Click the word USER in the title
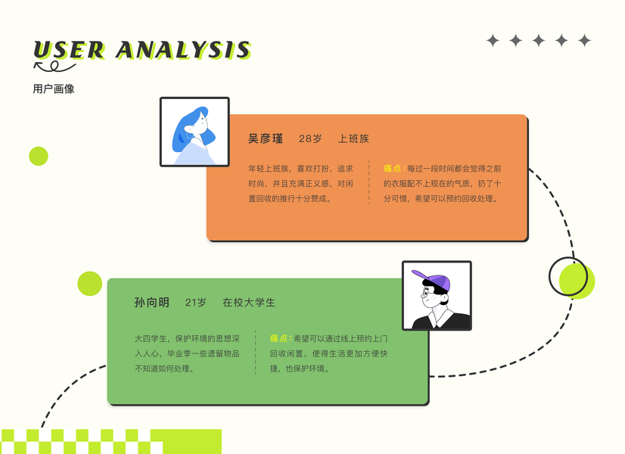point(69,49)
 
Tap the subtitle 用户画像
point(54,89)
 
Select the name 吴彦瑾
point(266,138)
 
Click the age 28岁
point(310,138)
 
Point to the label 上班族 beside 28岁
point(353,138)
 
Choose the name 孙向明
point(151,302)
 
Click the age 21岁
point(195,302)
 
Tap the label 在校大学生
point(249,302)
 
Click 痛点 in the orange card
point(393,168)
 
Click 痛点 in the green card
point(279,338)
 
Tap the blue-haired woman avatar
point(194,132)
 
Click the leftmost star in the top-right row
point(493,41)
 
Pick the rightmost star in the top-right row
point(584,41)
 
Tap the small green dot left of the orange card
point(39,156)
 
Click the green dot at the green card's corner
point(89,284)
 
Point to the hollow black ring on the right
point(567,276)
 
